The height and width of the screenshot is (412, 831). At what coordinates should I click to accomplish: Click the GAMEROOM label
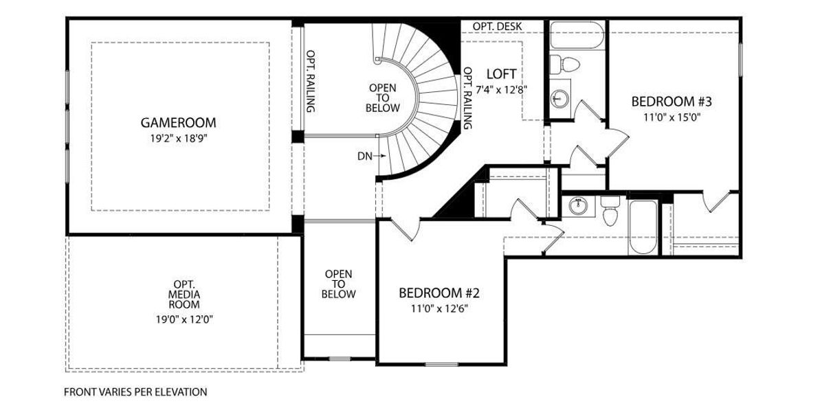[x=179, y=123]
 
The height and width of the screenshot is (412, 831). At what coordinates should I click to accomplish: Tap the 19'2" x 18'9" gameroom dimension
[x=179, y=139]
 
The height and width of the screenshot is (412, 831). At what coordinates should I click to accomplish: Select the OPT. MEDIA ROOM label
[x=184, y=295]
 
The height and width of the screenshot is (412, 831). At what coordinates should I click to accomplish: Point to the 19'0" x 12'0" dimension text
[x=184, y=319]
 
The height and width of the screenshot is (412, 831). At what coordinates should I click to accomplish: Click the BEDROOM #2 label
[x=439, y=293]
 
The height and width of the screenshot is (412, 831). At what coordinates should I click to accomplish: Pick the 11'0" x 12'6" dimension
[x=439, y=308]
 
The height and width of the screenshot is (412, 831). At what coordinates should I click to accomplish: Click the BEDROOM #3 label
[x=672, y=102]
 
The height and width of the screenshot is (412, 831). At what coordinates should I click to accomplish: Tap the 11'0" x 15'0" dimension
[x=672, y=117]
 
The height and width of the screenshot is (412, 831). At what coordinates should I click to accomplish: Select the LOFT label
[x=501, y=74]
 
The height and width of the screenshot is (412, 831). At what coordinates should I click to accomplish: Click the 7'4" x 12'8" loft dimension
[x=502, y=90]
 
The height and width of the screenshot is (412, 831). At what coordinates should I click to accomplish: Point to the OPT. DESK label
[x=497, y=27]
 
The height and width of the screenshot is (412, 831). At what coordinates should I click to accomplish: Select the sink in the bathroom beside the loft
[x=559, y=99]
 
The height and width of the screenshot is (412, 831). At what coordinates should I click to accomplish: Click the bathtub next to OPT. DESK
[x=577, y=35]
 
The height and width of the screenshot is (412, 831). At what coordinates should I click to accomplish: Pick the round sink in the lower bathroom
[x=578, y=207]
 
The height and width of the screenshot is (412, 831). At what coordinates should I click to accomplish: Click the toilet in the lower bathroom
[x=610, y=211]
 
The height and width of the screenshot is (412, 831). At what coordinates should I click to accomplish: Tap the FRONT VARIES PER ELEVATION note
[x=135, y=392]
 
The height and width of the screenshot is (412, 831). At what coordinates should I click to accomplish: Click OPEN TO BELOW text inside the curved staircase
[x=382, y=98]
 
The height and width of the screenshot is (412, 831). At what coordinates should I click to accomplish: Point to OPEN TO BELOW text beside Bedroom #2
[x=338, y=284]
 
